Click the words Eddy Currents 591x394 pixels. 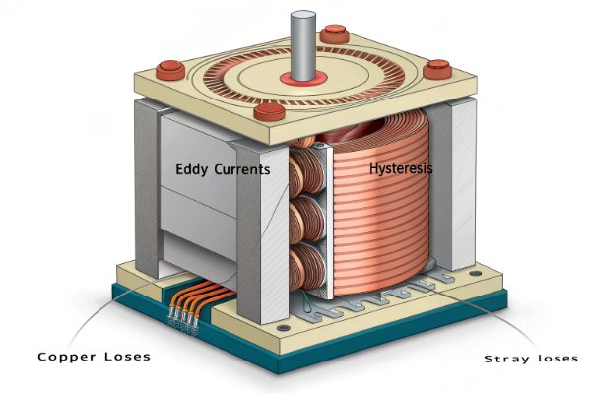click(x=223, y=168)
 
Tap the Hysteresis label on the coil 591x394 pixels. click(x=399, y=168)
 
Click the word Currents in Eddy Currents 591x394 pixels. click(x=243, y=168)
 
